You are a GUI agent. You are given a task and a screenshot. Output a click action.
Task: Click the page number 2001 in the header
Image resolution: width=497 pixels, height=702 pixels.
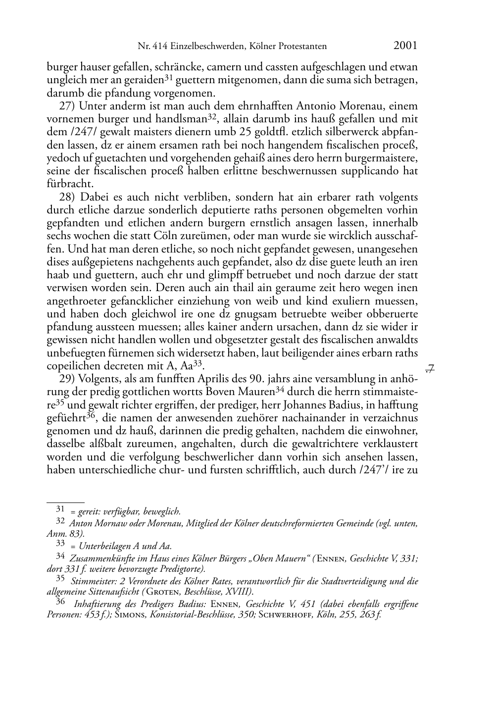(x=405, y=46)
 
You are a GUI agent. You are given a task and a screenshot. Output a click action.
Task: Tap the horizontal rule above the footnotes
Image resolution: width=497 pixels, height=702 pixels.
(x=65, y=502)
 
